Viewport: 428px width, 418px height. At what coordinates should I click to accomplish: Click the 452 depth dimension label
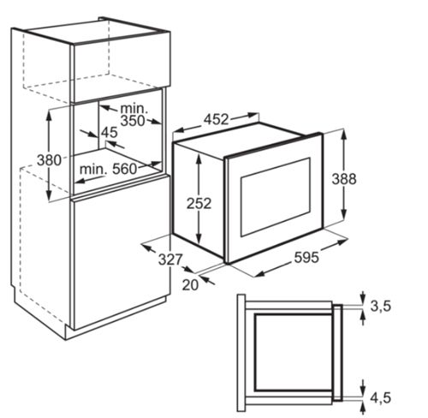pyautogui.click(x=216, y=120)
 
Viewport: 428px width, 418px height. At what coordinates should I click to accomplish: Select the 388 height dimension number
pyautogui.click(x=344, y=179)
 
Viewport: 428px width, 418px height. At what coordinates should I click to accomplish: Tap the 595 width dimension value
pyautogui.click(x=306, y=258)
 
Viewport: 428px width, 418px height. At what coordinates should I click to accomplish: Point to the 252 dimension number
pyautogui.click(x=199, y=204)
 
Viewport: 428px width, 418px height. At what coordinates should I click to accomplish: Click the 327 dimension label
pyautogui.click(x=170, y=260)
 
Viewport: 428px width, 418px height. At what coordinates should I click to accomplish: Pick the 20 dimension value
pyautogui.click(x=190, y=285)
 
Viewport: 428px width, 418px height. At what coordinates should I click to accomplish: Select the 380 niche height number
pyautogui.click(x=49, y=160)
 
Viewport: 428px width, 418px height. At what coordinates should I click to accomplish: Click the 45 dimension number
pyautogui.click(x=110, y=133)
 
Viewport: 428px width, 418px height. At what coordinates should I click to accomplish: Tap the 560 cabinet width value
pyautogui.click(x=125, y=169)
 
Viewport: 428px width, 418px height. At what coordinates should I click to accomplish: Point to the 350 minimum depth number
pyautogui.click(x=133, y=121)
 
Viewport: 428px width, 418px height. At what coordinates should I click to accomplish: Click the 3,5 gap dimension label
pyautogui.click(x=381, y=307)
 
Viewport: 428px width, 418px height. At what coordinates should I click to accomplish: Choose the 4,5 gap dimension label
pyautogui.click(x=381, y=397)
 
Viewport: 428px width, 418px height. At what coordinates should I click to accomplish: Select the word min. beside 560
pyautogui.click(x=93, y=170)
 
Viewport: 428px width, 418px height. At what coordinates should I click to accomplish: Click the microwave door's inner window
pyautogui.click(x=276, y=197)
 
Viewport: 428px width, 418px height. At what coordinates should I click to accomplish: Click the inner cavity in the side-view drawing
pyautogui.click(x=294, y=353)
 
